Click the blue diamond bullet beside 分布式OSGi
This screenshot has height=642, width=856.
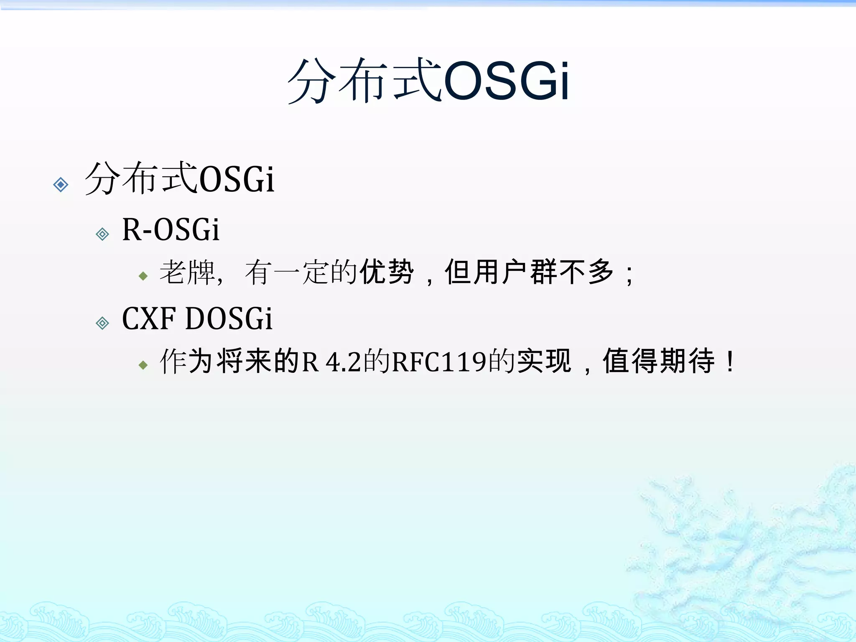[61, 184]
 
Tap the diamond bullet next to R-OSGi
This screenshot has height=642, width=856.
[102, 234]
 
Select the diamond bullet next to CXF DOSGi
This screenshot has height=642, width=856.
[102, 323]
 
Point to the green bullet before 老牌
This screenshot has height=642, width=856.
[143, 276]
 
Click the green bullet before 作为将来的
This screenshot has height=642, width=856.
[143, 365]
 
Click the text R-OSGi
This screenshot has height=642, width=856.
[171, 229]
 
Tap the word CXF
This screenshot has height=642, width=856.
[148, 318]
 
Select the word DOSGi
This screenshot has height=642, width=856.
[229, 318]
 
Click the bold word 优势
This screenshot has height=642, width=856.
[387, 272]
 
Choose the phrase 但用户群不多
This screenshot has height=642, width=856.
[529, 272]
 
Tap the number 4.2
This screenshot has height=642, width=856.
[343, 362]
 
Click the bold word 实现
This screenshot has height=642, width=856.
[544, 361]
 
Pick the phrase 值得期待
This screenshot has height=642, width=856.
[658, 361]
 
